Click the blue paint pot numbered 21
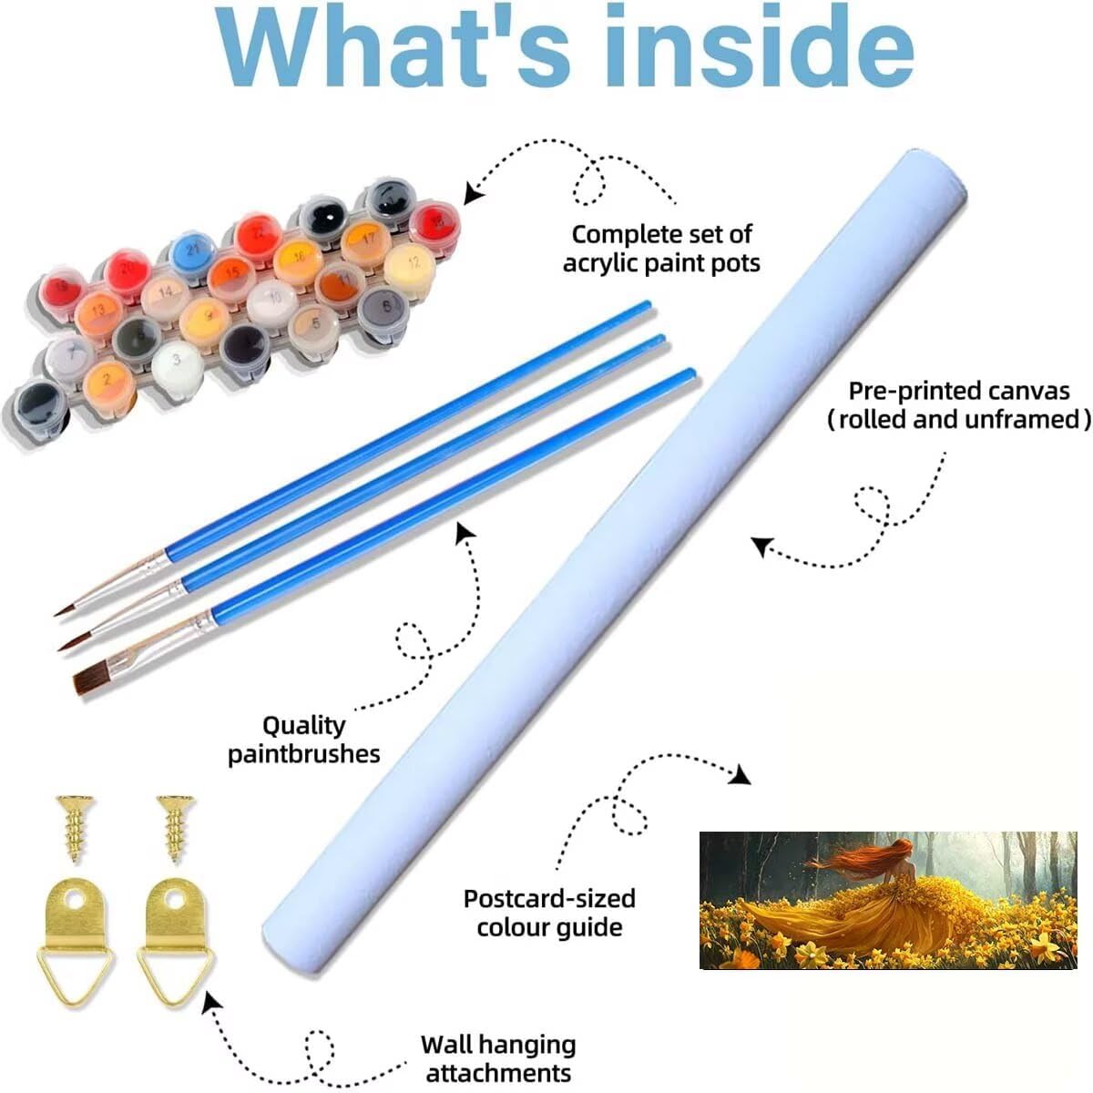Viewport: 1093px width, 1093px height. (192, 249)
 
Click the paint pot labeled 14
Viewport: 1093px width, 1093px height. (165, 293)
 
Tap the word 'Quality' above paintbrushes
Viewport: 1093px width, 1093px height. (303, 725)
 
